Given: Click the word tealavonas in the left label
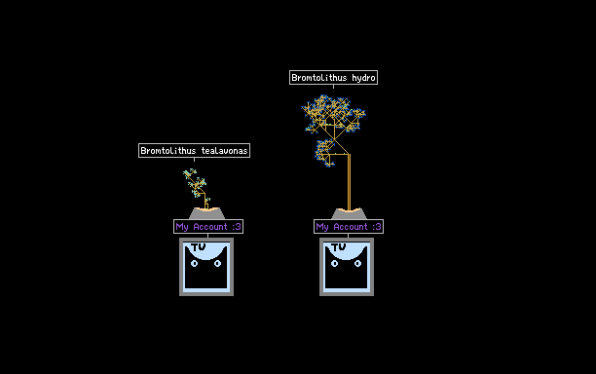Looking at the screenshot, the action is tap(224, 151).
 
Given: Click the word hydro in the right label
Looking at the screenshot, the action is tap(363, 78).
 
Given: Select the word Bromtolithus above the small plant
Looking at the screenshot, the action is tap(168, 151).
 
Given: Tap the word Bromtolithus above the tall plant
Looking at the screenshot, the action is tap(318, 78).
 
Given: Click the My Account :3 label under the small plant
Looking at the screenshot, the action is tap(208, 227).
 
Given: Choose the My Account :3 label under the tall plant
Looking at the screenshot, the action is tap(349, 227).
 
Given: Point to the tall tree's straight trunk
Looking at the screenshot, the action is tap(349, 182).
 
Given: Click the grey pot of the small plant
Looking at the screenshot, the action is tap(206, 213).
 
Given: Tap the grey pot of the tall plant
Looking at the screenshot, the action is tap(349, 213).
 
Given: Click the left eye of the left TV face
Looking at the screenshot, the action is tap(194, 263).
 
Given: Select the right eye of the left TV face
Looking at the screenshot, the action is tap(217, 263).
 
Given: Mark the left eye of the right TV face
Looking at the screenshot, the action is tap(334, 263).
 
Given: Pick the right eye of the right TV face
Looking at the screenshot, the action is tap(357, 263).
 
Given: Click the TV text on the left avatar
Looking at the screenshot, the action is tap(199, 247).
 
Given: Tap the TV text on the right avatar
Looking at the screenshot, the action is tap(339, 247).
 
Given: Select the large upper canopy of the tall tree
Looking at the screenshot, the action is tap(333, 114).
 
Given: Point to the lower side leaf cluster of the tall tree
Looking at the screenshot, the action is tap(325, 153).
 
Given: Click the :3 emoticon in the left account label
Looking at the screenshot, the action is tap(237, 227).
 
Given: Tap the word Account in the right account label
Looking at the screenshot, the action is tap(351, 227).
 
